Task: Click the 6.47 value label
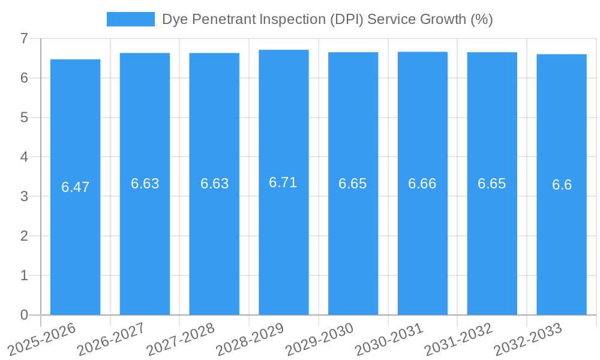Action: [x=75, y=187]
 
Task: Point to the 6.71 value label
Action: [x=283, y=182]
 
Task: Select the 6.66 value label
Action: [x=422, y=184]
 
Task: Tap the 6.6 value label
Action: [x=562, y=185]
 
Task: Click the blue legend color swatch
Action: [x=130, y=19]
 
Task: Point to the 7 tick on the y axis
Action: [x=24, y=38]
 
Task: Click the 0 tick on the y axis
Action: [x=24, y=315]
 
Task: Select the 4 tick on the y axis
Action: [x=24, y=157]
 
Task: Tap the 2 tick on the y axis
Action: [x=24, y=236]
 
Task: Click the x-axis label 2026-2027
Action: [x=112, y=338]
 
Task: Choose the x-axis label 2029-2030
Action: [x=320, y=338]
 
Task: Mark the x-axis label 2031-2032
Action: [x=459, y=338]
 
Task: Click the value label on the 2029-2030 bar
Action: [x=353, y=184]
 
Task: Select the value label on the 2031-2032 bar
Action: [x=492, y=184]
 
